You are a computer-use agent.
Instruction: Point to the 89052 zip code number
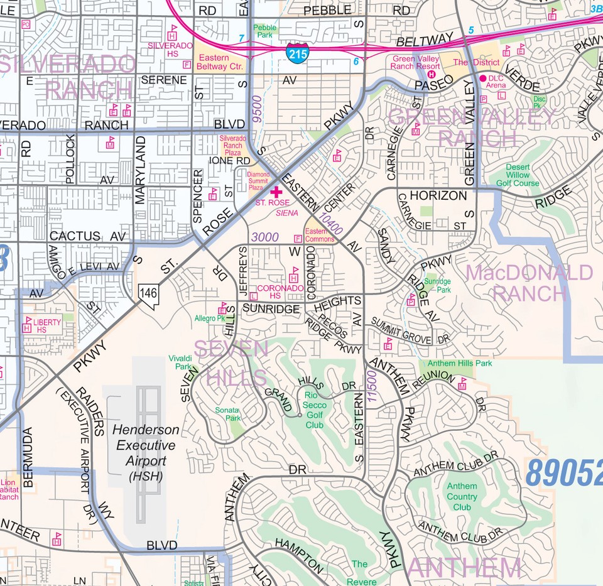point(564,473)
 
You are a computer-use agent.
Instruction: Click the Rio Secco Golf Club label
point(315,410)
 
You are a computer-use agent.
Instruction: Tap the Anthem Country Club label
point(462,496)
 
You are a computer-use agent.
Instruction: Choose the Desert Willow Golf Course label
point(518,175)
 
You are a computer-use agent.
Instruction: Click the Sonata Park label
point(228,414)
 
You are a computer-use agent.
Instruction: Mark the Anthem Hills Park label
point(460,363)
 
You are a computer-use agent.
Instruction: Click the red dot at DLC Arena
point(483,79)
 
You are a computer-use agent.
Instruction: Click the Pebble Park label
point(264,32)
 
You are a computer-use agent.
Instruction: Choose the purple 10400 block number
point(330,224)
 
